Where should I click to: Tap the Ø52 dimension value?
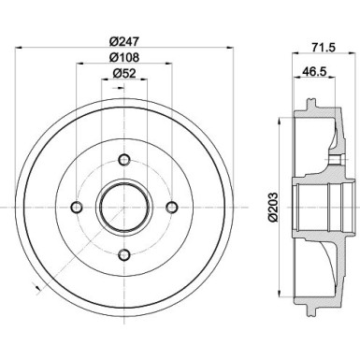coord(122,74)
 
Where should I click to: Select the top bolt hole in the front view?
coord(123,159)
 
